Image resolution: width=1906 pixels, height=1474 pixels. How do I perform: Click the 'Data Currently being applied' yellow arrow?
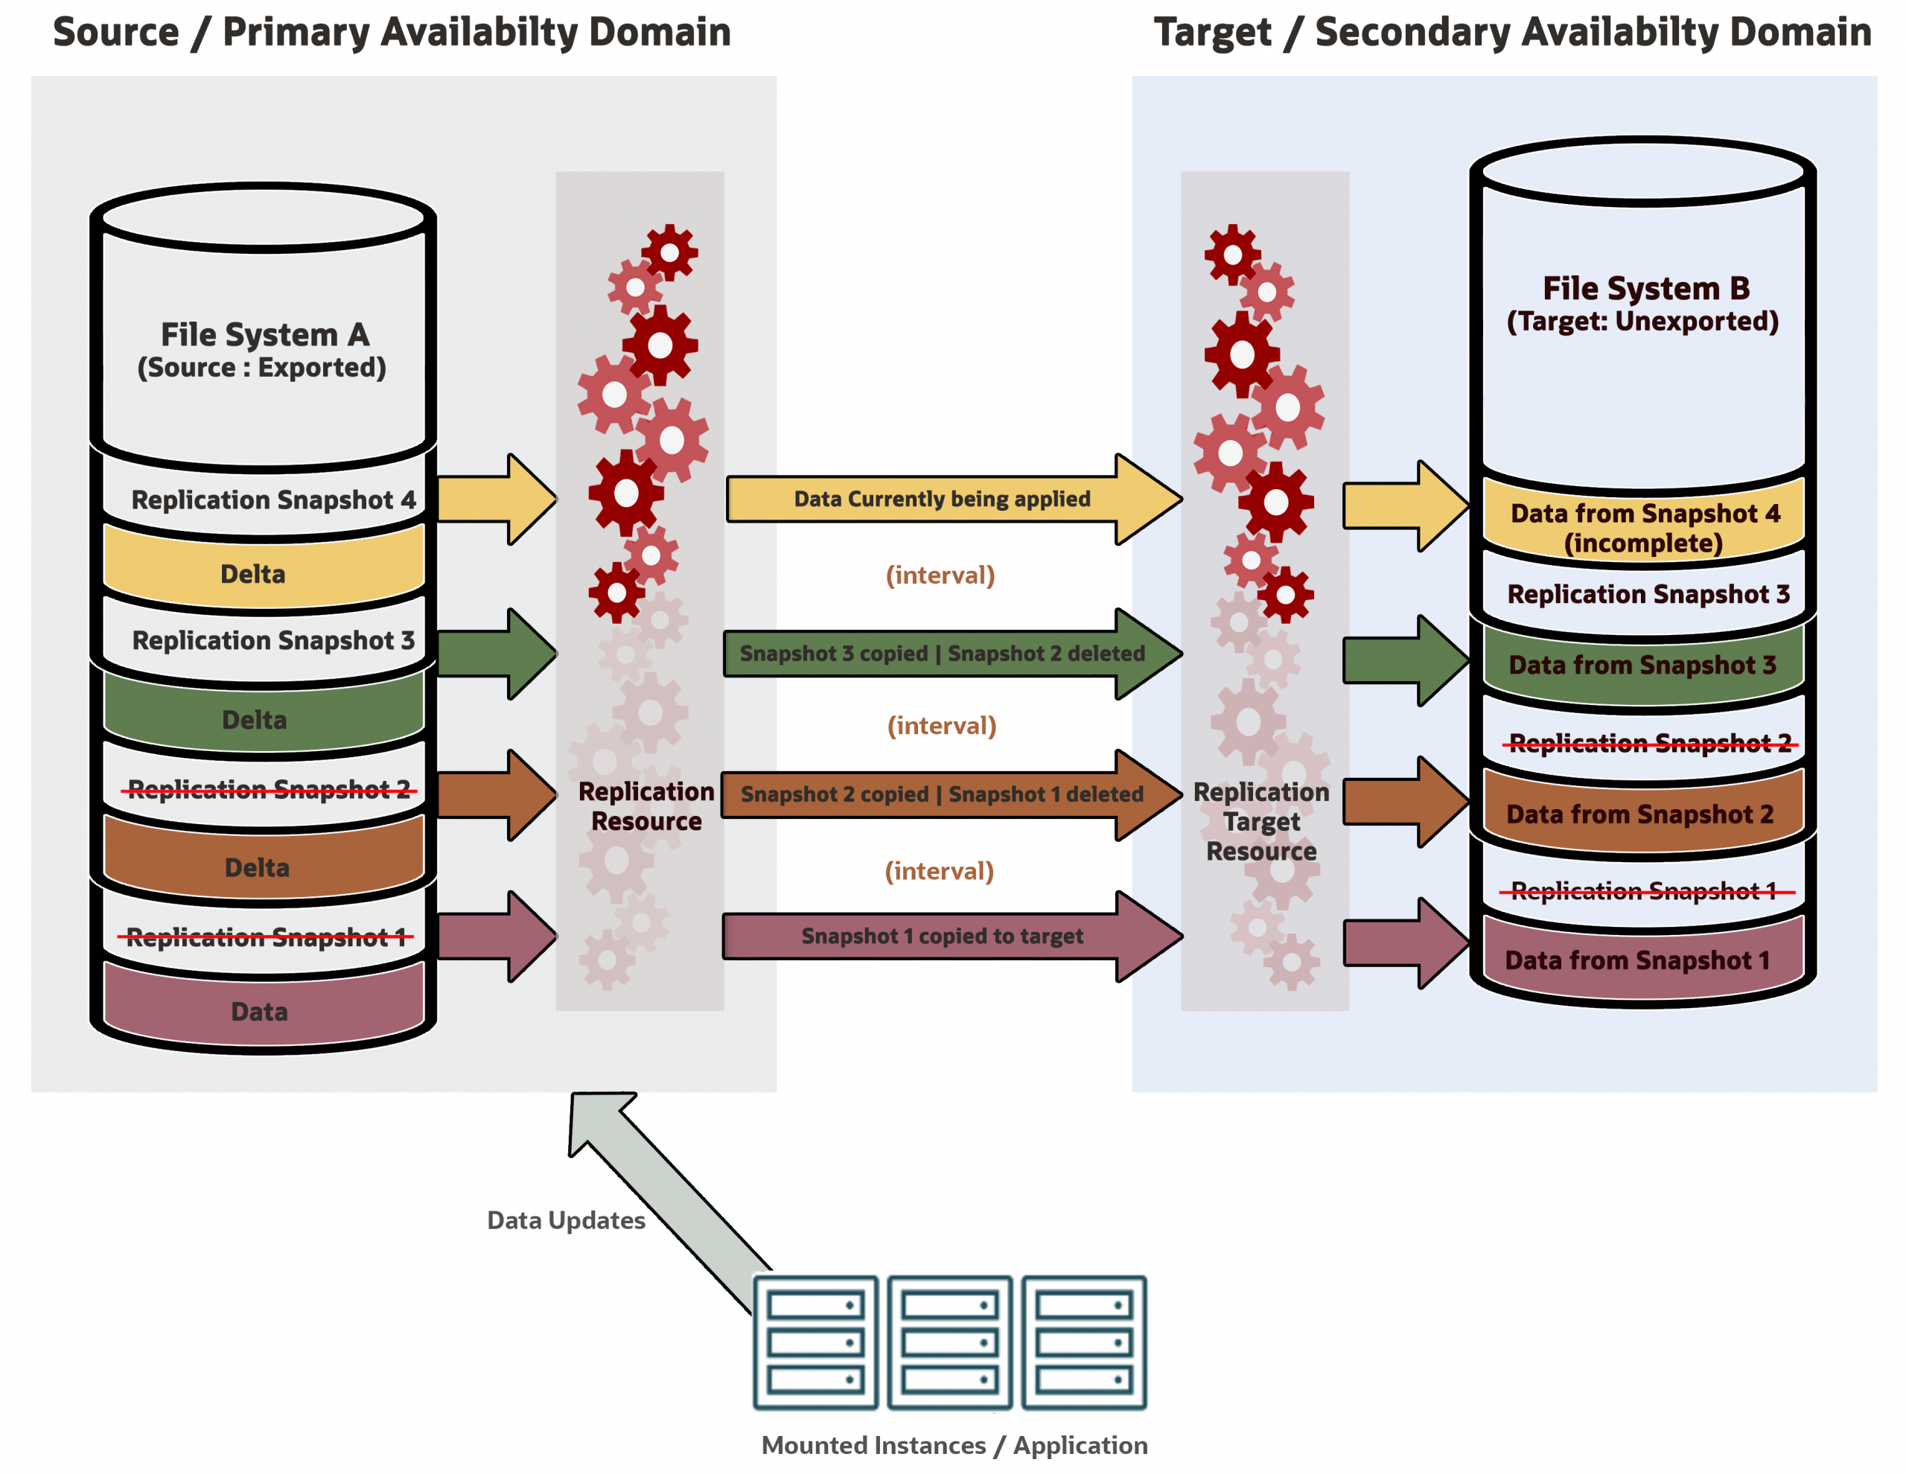(943, 500)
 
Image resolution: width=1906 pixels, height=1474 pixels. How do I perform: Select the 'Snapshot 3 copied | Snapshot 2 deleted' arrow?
(943, 654)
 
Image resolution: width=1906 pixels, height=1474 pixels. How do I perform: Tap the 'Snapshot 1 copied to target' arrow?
(943, 937)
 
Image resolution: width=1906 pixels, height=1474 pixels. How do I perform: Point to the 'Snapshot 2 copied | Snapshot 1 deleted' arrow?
(943, 794)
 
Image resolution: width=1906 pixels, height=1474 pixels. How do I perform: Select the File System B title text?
(1646, 289)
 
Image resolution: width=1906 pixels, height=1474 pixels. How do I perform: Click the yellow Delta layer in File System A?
(253, 574)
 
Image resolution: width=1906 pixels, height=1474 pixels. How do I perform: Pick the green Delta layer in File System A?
(254, 720)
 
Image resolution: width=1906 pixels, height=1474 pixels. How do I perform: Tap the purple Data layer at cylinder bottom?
(259, 1012)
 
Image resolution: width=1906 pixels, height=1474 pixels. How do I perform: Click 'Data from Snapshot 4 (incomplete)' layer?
(1644, 527)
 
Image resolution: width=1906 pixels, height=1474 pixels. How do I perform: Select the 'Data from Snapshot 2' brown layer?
(1639, 814)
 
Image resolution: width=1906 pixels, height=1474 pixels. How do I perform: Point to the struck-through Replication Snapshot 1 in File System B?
(1644, 891)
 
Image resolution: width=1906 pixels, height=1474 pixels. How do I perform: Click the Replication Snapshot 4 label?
(273, 500)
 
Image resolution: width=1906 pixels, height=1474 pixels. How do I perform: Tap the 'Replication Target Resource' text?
(1262, 821)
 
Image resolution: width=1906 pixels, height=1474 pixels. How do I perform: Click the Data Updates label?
(566, 1220)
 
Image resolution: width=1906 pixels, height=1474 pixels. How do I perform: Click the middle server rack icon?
(949, 1342)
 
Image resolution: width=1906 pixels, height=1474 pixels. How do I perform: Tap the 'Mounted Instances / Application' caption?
(954, 1445)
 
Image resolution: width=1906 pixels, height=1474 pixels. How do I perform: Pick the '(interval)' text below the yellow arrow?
(940, 575)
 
